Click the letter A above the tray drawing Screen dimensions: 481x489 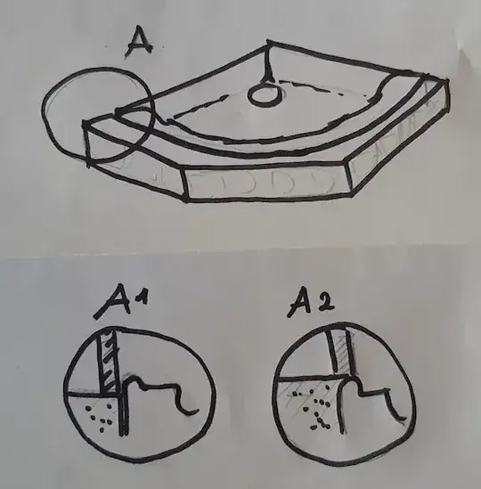pos(140,42)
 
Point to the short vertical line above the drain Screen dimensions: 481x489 pos(268,61)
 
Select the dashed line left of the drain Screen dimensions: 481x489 pos(199,108)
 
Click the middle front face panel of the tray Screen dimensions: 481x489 pos(267,183)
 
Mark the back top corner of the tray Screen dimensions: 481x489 pos(268,42)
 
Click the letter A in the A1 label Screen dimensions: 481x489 pos(113,301)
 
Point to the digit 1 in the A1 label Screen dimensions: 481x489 pos(142,297)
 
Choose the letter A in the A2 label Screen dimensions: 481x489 pos(300,303)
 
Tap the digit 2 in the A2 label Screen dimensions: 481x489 pos(325,301)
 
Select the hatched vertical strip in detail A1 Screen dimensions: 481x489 pos(110,361)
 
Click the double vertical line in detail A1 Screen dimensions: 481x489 pos(123,415)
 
